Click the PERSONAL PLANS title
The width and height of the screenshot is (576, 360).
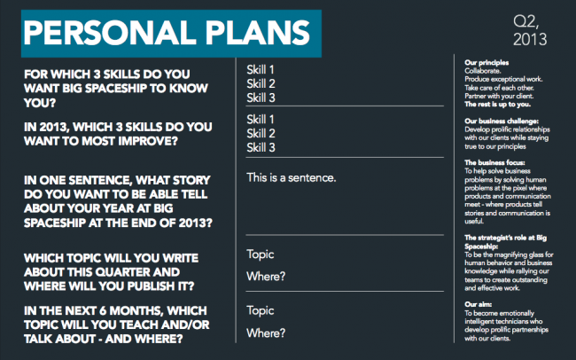click(167, 33)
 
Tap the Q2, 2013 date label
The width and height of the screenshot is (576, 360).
click(530, 31)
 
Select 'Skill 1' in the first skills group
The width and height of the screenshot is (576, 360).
click(261, 70)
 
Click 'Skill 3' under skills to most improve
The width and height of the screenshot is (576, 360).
click(261, 147)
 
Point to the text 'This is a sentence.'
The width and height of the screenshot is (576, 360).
click(292, 177)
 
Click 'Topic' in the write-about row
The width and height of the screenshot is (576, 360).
click(260, 254)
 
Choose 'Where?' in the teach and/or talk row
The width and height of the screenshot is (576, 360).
click(266, 333)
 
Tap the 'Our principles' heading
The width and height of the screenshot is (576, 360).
click(486, 63)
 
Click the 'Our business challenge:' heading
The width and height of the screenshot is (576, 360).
click(502, 121)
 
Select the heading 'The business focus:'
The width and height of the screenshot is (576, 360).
click(494, 162)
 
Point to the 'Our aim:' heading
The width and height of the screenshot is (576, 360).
click(478, 304)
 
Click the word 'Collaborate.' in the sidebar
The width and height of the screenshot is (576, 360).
click(482, 71)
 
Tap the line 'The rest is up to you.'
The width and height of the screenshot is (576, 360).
click(497, 105)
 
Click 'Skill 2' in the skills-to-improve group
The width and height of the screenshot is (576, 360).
click(261, 134)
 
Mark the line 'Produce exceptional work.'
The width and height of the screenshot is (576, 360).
click(503, 80)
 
